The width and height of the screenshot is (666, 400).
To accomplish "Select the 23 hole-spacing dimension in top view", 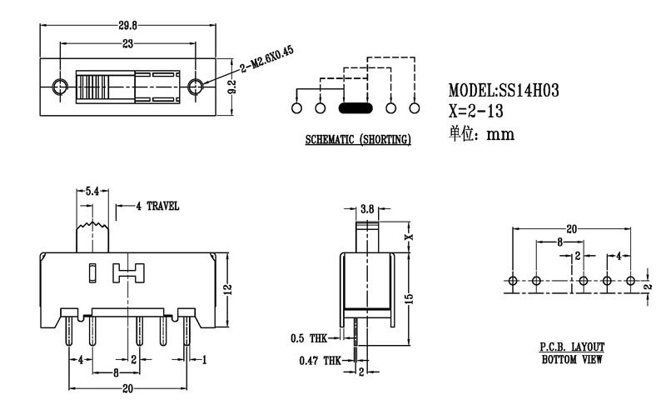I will (127, 42).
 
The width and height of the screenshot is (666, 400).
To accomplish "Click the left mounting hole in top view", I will (59, 87).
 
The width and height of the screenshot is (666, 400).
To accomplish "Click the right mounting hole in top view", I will (196, 87).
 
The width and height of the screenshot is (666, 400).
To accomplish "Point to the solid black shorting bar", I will (355, 107).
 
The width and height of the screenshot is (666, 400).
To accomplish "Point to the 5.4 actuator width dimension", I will (92, 192).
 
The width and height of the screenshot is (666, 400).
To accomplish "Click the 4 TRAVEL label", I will (157, 206).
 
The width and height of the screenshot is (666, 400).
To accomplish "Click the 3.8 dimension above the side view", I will (367, 209).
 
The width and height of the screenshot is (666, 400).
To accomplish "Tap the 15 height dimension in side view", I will (408, 298).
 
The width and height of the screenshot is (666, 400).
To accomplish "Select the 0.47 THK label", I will (320, 361).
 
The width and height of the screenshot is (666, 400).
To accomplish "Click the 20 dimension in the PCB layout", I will (570, 227).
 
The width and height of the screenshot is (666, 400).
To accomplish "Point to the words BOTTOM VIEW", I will (571, 359).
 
